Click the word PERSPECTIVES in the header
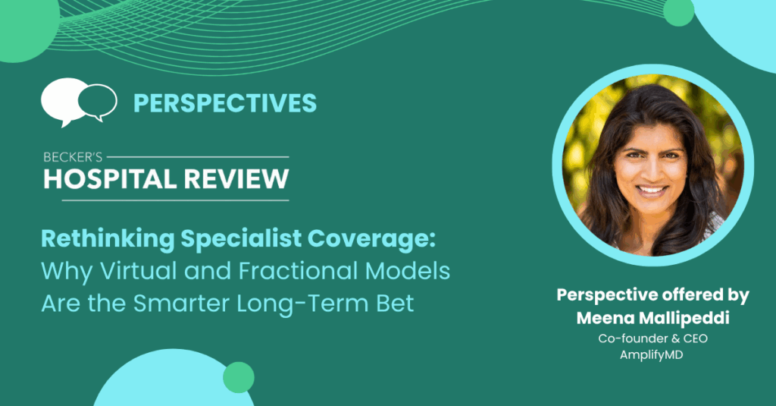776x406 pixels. [224, 103]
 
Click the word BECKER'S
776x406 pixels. [73, 157]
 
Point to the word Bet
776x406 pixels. [395, 304]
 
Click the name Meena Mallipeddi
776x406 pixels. [652, 318]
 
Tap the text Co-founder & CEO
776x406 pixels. [652, 338]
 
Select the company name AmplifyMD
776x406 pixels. [651, 355]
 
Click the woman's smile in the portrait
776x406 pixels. [651, 190]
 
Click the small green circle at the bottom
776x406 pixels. [239, 378]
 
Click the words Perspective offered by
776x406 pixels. [652, 295]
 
